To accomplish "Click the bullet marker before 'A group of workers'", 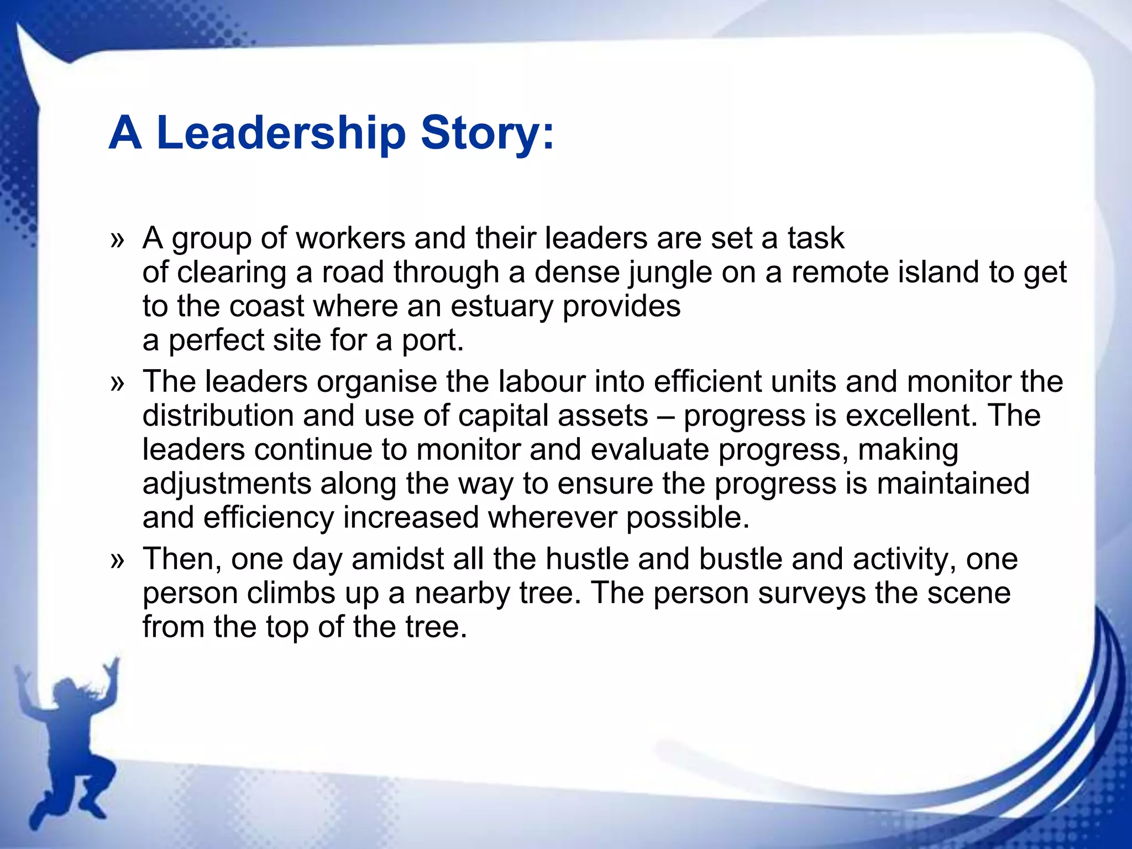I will pos(117,240).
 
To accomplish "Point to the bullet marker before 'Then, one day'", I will pos(117,560).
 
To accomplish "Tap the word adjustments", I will pos(227,484).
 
